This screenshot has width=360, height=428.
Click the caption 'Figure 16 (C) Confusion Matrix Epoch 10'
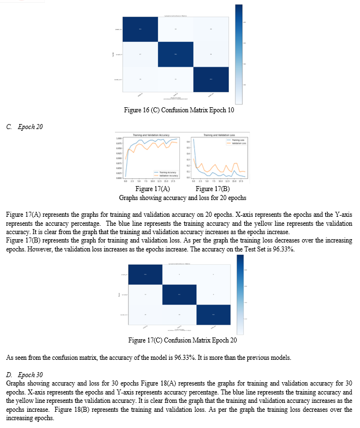[179, 110]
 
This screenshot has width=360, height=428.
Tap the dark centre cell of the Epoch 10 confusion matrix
[176, 54]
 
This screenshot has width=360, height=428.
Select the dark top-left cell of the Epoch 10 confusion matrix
[140, 29]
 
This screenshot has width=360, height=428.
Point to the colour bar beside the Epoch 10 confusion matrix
[239, 54]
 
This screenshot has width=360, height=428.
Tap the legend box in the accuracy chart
[166, 174]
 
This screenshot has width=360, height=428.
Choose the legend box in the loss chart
[236, 142]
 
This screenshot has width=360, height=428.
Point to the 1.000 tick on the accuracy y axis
[119, 138]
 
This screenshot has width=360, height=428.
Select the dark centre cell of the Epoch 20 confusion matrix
[179, 294]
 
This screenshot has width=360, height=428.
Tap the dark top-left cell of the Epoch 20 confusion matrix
[145, 274]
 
